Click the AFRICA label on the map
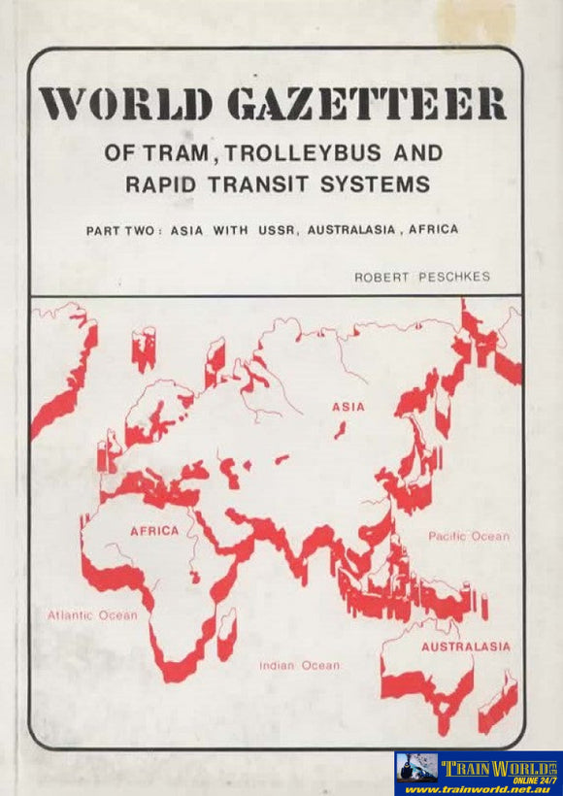pyautogui.click(x=154, y=530)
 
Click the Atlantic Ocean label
pyautogui.click(x=92, y=614)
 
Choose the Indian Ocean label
pyautogui.click(x=299, y=665)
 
